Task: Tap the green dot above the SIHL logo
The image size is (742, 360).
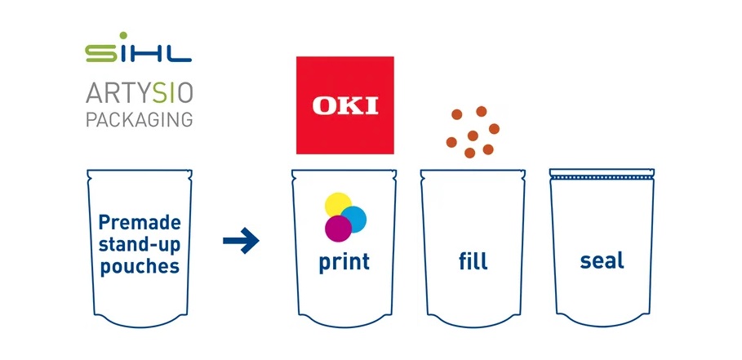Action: click(x=123, y=35)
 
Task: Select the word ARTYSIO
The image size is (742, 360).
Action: click(x=139, y=93)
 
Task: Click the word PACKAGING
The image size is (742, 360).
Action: click(x=139, y=119)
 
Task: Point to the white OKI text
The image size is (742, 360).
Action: click(x=345, y=105)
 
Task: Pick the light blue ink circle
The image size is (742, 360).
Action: click(x=353, y=219)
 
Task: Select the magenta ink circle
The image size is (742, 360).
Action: click(x=338, y=229)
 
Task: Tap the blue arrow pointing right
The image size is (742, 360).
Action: click(x=241, y=241)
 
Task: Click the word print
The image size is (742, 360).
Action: click(x=344, y=261)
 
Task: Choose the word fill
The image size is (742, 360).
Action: click(x=473, y=260)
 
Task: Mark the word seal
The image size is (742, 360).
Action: click(x=602, y=260)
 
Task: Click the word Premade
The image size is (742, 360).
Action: click(x=140, y=222)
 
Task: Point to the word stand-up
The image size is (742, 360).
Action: click(x=140, y=245)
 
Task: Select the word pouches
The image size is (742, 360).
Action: click(x=140, y=266)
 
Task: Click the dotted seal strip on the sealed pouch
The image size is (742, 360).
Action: click(x=602, y=177)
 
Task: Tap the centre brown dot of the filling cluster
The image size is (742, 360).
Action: click(x=473, y=136)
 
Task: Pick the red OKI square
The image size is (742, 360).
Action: click(x=345, y=105)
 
